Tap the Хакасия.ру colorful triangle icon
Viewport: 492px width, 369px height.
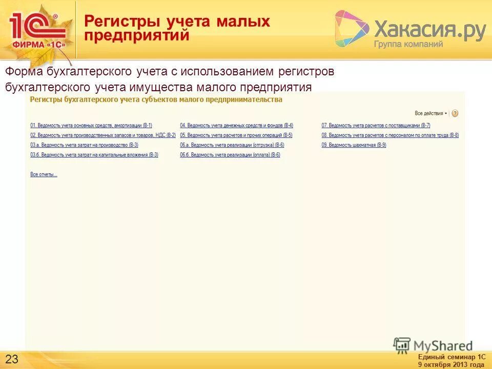(352, 29)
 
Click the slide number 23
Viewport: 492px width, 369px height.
(12, 358)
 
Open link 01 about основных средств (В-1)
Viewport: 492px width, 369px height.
(91, 126)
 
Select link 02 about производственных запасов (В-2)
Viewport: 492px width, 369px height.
(102, 135)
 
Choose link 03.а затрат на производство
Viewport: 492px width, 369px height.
(84, 145)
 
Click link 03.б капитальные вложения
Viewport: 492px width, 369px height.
(94, 155)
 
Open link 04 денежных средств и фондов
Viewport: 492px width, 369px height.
(236, 126)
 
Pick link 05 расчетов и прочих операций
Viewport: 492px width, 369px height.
(236, 135)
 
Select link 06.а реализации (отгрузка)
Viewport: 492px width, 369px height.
(232, 145)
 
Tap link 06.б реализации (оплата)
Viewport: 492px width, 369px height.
(230, 155)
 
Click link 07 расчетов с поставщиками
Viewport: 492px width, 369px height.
(376, 126)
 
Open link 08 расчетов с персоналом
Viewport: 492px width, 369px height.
(390, 135)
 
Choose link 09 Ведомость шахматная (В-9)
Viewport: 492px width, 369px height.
(354, 145)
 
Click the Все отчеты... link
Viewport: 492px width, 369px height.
(44, 175)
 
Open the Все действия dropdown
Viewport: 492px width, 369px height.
(431, 113)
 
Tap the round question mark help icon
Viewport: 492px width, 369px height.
(455, 113)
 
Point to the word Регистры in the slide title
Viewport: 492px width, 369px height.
(121, 22)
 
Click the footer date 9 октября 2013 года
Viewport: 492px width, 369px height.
(451, 364)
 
